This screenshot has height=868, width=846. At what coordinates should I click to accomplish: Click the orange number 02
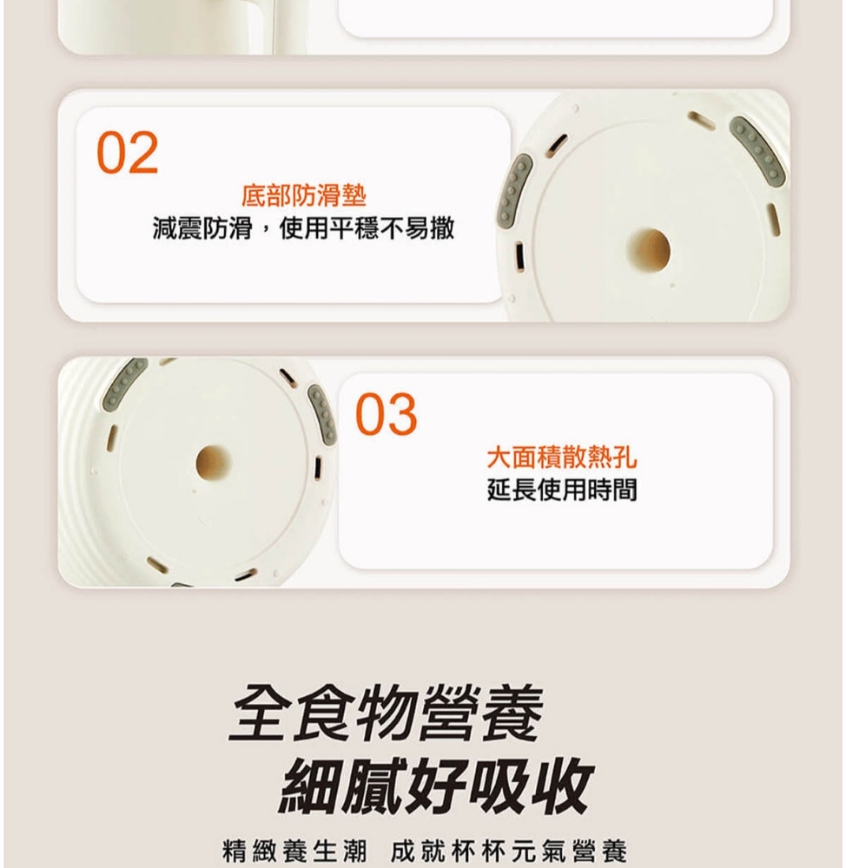[128, 153]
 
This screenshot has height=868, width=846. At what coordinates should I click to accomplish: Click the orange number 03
[387, 414]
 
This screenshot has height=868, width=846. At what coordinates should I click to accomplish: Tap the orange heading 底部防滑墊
[304, 195]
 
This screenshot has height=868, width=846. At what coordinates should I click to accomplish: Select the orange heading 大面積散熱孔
[562, 457]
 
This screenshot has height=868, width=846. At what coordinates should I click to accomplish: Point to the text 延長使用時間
[562, 490]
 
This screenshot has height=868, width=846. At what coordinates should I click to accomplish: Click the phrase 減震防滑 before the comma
[202, 228]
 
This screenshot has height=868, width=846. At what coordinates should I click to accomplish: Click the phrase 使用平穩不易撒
[367, 228]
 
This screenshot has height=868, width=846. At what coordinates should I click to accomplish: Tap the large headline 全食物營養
[387, 713]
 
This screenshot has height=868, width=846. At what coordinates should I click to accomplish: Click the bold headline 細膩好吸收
[437, 785]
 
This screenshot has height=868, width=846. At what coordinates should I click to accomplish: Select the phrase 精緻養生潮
[294, 851]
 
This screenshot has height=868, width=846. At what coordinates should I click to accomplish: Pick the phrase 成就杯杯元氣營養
[509, 851]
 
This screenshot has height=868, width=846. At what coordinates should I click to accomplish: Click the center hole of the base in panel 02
[649, 251]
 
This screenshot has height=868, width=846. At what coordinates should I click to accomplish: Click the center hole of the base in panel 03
[213, 463]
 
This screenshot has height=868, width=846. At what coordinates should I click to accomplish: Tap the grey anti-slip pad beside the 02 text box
[514, 187]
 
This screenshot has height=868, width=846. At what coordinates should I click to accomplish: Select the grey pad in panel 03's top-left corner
[125, 383]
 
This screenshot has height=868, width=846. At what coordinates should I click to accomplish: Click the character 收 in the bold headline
[564, 785]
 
